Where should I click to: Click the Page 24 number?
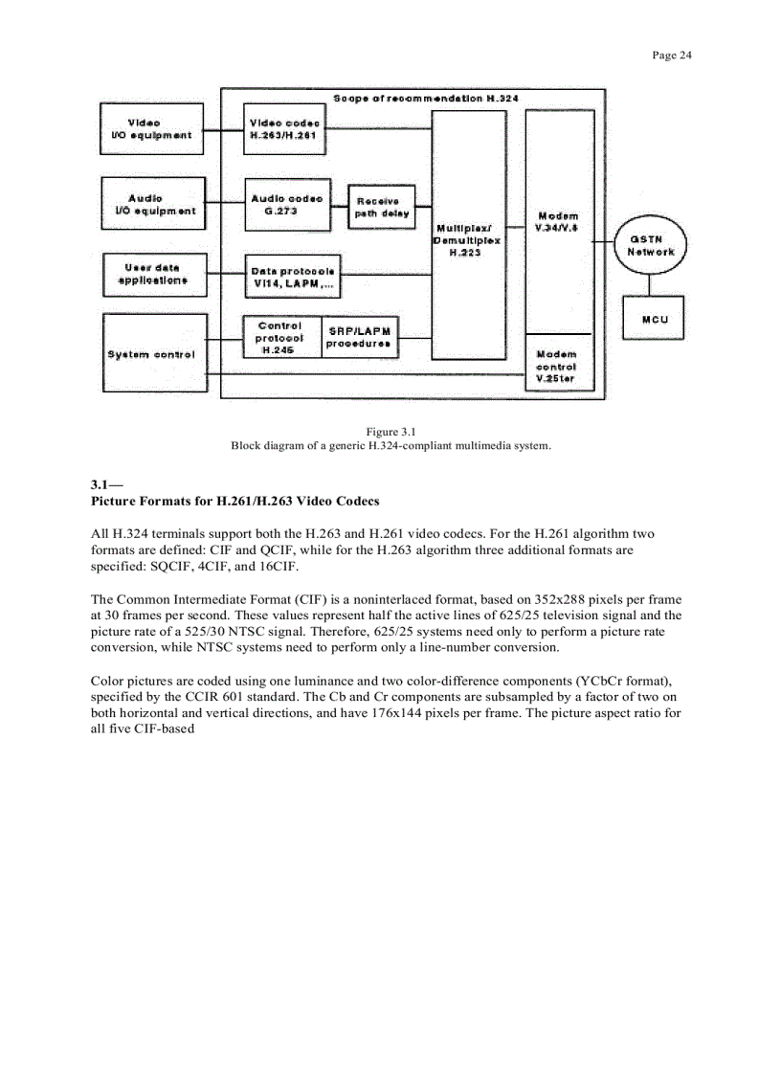pyautogui.click(x=671, y=55)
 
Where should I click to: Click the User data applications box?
pyautogui.click(x=152, y=275)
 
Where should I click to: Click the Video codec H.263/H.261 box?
pyautogui.click(x=284, y=129)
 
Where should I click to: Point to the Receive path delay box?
pyautogui.click(x=381, y=208)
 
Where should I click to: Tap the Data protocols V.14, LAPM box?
pyautogui.click(x=291, y=277)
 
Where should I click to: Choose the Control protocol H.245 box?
pyautogui.click(x=280, y=338)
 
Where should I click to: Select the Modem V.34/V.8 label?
pyautogui.click(x=558, y=222)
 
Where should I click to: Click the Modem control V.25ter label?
pyautogui.click(x=556, y=367)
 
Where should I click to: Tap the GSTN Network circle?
pyautogui.click(x=651, y=245)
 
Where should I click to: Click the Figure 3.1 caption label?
pyautogui.click(x=390, y=432)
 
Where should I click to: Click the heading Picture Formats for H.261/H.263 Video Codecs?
pyautogui.click(x=234, y=501)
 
